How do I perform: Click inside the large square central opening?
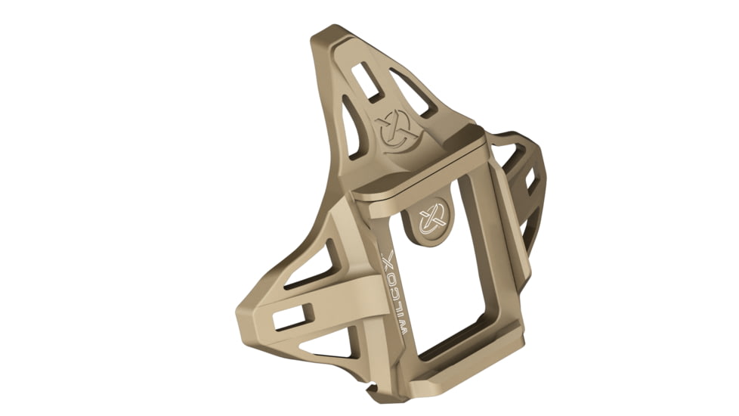(446, 280)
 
